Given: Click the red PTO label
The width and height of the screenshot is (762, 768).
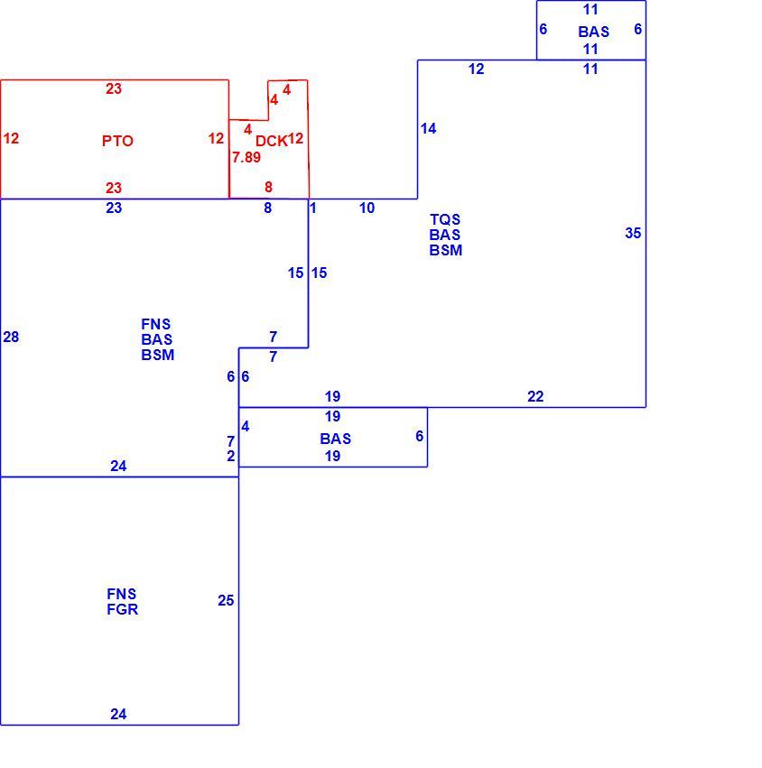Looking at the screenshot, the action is [x=117, y=141].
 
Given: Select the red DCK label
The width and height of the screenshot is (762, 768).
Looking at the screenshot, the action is [x=271, y=141].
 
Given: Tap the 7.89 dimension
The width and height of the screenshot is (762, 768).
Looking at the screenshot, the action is [x=246, y=157].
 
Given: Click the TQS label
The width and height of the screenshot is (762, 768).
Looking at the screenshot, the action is [x=445, y=219].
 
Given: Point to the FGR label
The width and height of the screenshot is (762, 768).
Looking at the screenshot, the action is [x=123, y=609].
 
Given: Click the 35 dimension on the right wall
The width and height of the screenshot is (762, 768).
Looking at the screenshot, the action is [x=633, y=233].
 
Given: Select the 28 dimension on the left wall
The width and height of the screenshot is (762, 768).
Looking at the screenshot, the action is [x=11, y=337].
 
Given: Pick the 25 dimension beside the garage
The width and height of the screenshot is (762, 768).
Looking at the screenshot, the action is [x=226, y=600].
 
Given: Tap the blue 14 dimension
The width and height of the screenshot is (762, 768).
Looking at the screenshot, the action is [x=428, y=128].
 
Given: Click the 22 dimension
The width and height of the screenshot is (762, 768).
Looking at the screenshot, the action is [x=535, y=396].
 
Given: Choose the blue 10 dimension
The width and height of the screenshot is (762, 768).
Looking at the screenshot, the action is [x=367, y=208].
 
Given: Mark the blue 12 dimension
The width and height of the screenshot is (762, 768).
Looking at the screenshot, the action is [x=477, y=69].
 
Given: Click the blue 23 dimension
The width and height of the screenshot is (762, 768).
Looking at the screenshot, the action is [x=114, y=208].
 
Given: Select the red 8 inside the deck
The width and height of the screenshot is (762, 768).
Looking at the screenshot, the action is [x=268, y=187].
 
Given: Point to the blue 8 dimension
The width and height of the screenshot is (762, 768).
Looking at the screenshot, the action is [x=267, y=208].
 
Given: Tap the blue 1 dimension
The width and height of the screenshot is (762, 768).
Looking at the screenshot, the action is [x=313, y=208].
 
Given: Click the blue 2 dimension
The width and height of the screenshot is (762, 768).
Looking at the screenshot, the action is [x=231, y=456].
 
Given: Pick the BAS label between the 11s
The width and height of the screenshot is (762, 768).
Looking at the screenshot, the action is [x=593, y=32].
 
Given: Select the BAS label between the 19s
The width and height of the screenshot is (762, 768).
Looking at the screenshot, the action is [x=336, y=439].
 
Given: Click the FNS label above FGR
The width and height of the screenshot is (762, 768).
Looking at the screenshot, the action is [x=122, y=594].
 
